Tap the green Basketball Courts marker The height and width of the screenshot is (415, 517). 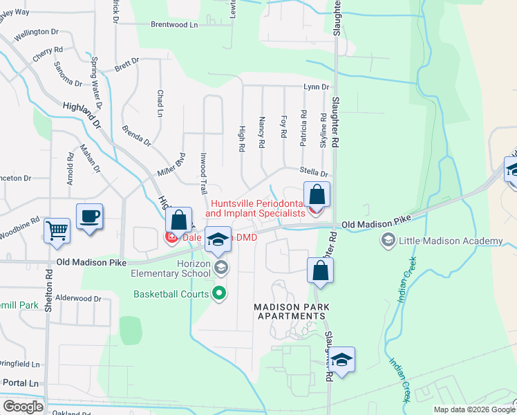click(220, 294)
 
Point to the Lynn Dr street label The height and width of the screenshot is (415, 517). click(316, 87)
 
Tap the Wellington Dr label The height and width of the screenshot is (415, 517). click(44, 32)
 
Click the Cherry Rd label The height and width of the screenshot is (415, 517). click(48, 53)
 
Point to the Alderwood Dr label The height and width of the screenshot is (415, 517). click(78, 299)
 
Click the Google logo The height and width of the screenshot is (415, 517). click(23, 406)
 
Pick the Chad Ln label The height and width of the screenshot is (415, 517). click(160, 103)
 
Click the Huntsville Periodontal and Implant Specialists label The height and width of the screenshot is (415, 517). click(257, 209)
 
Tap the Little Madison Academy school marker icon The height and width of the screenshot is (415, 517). click(388, 241)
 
